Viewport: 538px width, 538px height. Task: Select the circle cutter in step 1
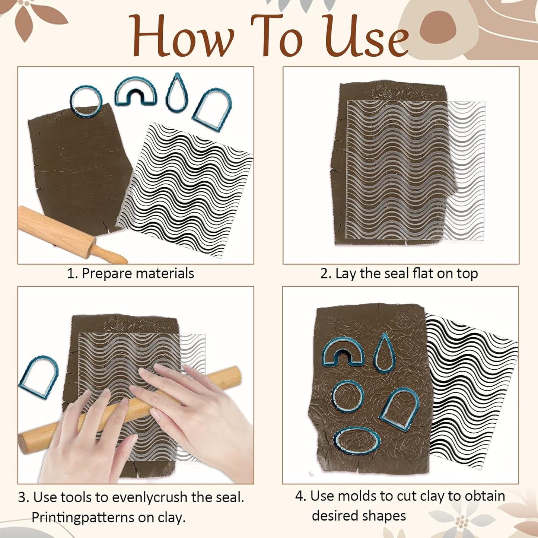(x=86, y=101)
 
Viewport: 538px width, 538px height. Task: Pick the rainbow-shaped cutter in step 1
(x=135, y=91)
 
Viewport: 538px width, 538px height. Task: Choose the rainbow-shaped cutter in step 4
(x=343, y=352)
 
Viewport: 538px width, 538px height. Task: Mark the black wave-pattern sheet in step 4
(x=471, y=391)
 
